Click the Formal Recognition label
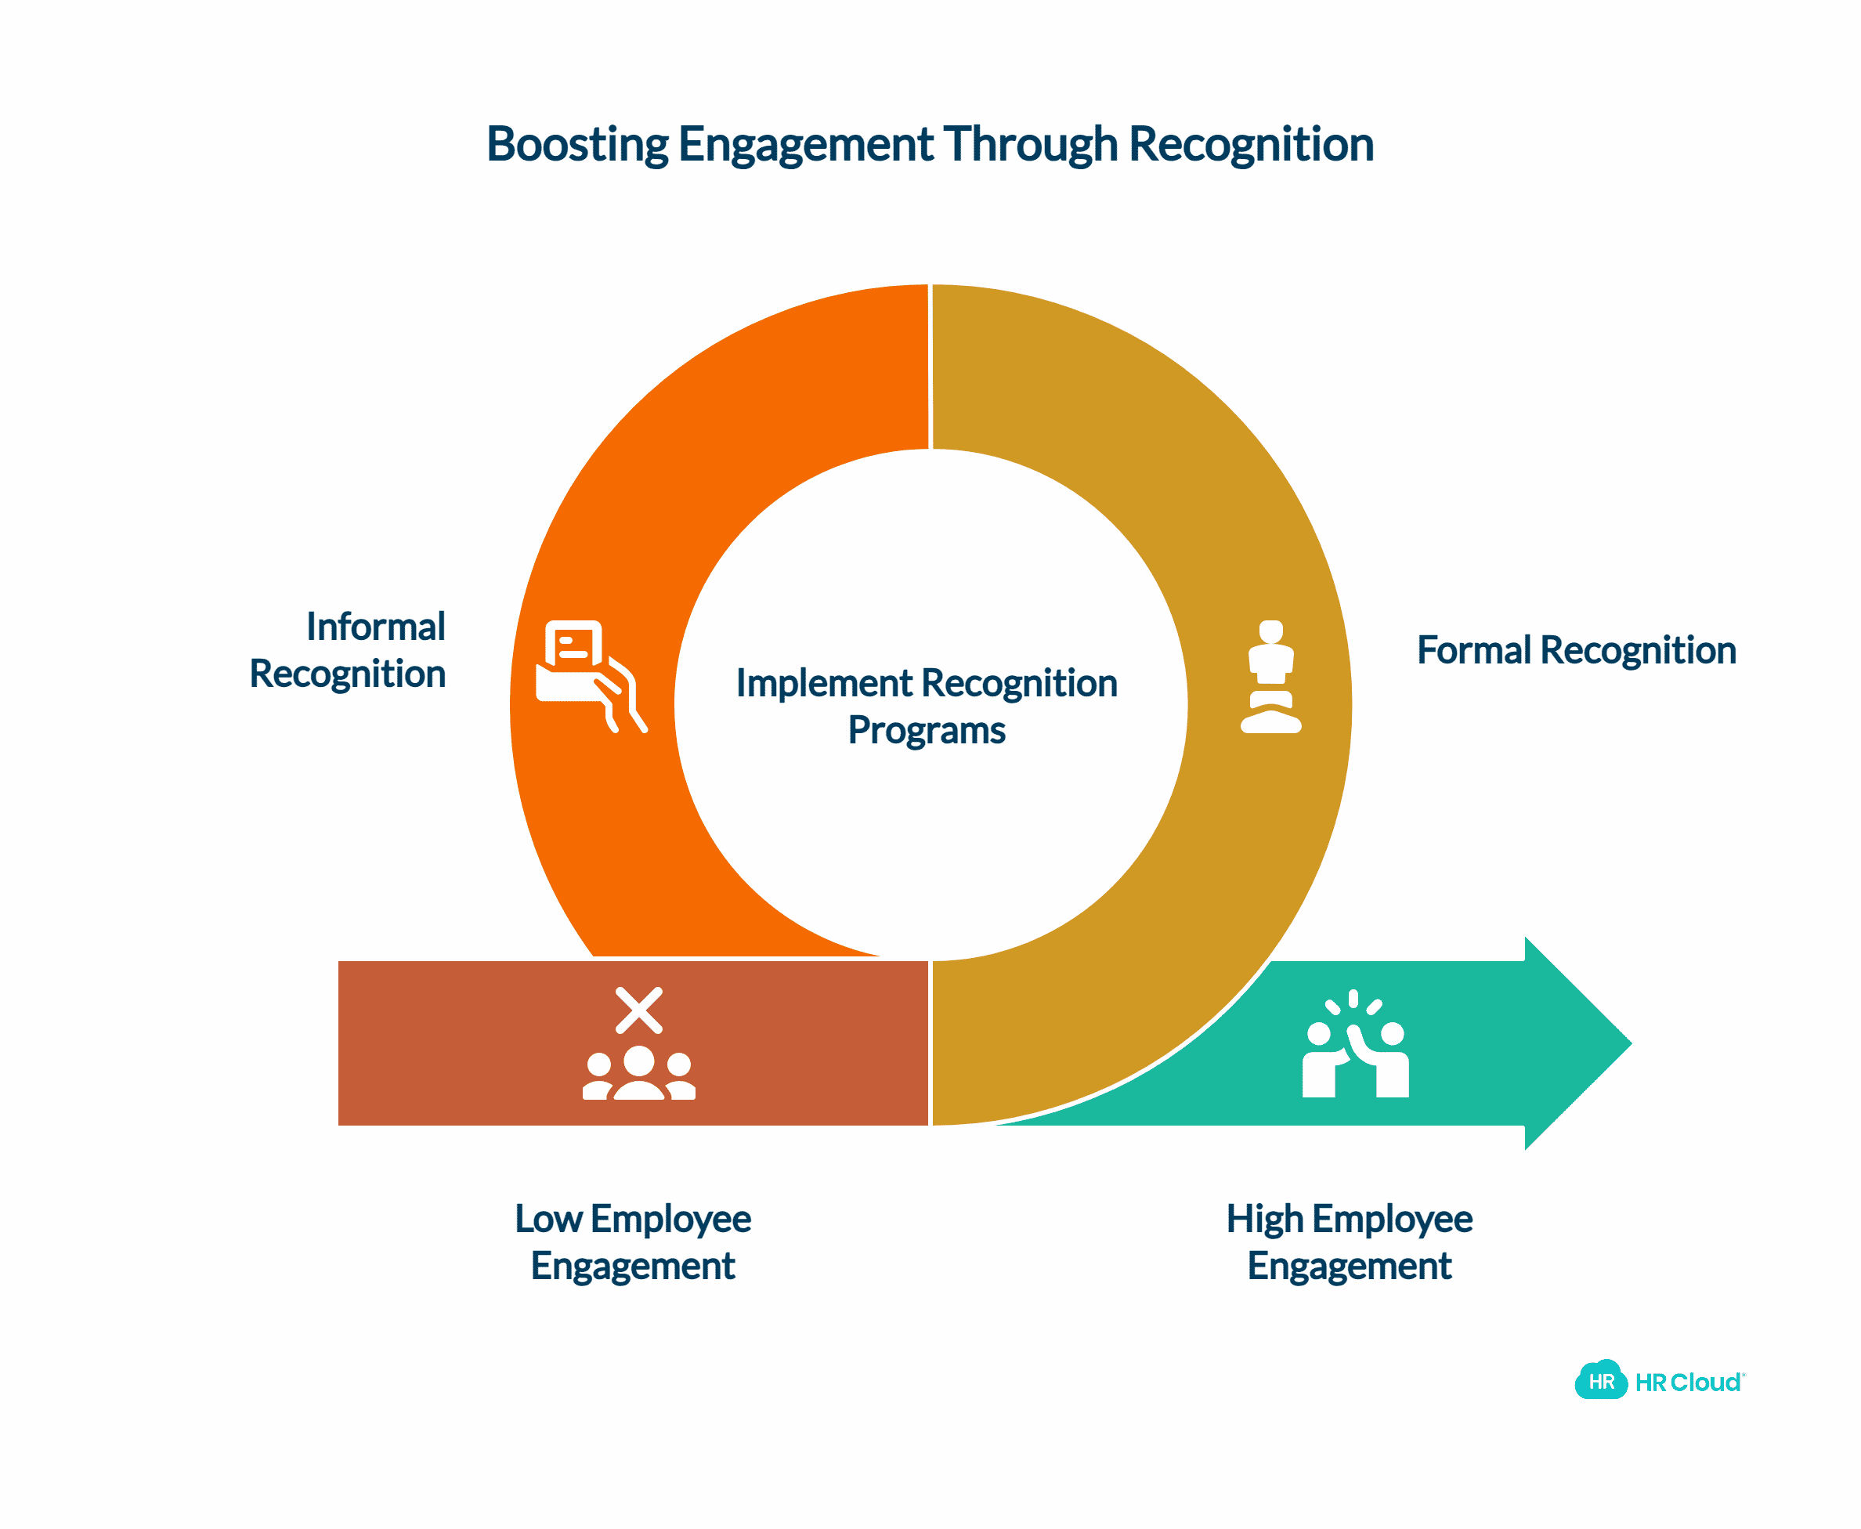point(1576,651)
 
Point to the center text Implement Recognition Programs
point(927,707)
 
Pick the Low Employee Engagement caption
point(632,1242)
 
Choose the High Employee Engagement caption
point(1349,1242)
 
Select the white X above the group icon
point(638,1010)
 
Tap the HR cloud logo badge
point(1600,1381)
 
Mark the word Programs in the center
point(927,730)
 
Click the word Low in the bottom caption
point(547,1219)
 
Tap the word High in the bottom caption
point(1264,1219)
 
